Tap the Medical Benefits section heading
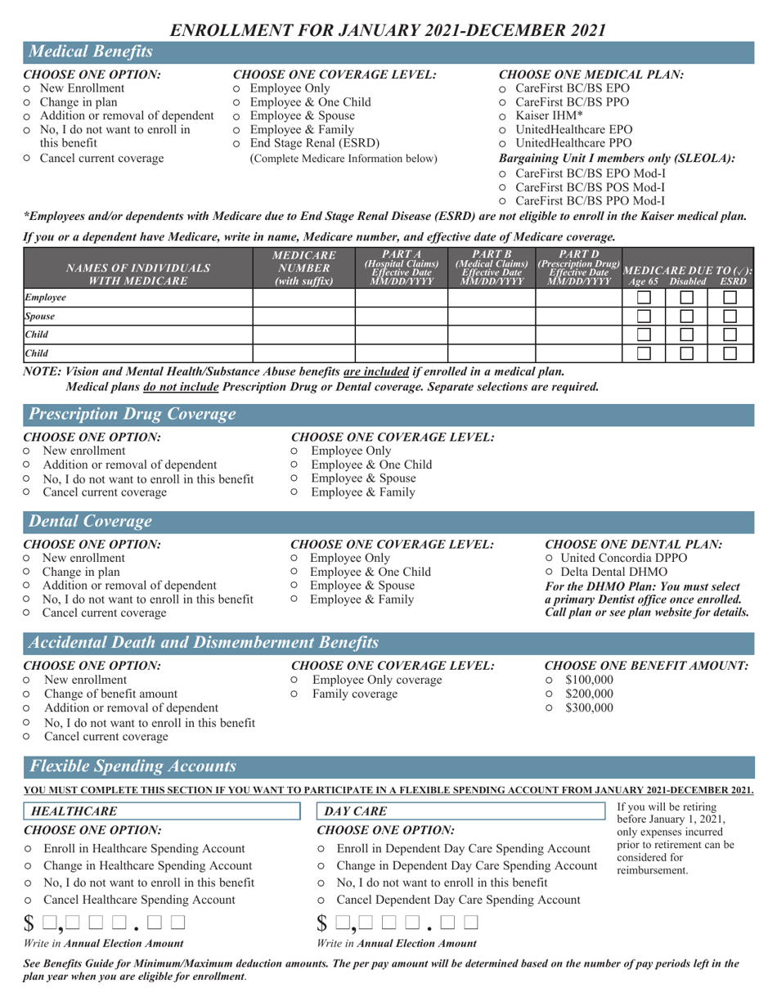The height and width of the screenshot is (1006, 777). coord(90,52)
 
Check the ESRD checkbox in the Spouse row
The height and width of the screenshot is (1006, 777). coord(731,316)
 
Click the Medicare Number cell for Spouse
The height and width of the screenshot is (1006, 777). coord(303,316)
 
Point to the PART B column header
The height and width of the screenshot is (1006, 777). coord(491,265)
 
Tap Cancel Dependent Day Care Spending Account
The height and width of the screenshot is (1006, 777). coord(322,900)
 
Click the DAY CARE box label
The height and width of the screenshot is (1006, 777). coord(352,811)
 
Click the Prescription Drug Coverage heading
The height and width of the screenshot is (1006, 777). coord(132,415)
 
